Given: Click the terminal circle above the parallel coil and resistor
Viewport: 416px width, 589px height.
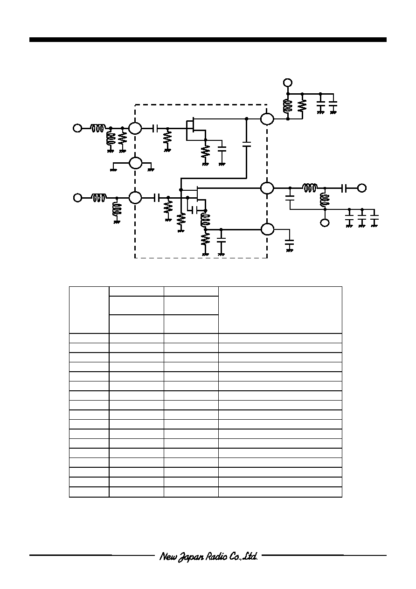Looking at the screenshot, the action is coord(288,83).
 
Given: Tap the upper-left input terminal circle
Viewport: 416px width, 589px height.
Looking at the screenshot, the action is coord(77,128).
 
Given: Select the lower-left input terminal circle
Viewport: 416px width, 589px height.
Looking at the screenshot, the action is coord(77,197).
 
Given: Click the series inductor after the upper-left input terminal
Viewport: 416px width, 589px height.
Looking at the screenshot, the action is coord(98,128).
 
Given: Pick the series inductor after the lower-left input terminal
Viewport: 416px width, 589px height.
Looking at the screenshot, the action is coord(99,197).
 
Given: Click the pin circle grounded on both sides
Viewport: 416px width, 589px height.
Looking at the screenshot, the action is coord(135,163).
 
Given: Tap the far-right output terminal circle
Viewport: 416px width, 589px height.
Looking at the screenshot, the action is coord(362,188).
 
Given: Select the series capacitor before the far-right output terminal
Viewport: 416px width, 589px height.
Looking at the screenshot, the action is coord(344,188).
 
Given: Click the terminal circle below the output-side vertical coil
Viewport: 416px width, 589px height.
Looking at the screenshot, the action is coord(325,223).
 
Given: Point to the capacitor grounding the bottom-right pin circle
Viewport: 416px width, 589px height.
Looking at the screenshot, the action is coord(290,242).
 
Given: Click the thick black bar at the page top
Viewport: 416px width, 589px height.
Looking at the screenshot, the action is coord(208,40).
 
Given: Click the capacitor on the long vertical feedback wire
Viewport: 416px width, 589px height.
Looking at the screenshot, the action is coord(246,144).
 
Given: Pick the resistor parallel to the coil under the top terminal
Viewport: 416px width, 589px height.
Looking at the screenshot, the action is coord(302,106).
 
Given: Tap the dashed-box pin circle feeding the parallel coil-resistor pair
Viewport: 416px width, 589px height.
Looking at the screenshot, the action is coord(267,119).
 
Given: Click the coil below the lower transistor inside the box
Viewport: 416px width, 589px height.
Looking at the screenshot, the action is coord(206,220).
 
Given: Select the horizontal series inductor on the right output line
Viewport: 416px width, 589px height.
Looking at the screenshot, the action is coord(310,188).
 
